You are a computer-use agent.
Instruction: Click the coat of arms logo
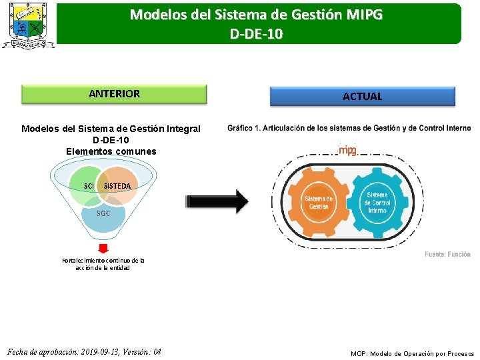tap(28, 25)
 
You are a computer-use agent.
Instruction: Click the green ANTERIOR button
tap(114, 94)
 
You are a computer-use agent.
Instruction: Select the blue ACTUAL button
tap(362, 97)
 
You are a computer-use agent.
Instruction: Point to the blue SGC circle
tap(103, 217)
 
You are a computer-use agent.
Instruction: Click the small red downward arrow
tap(103, 249)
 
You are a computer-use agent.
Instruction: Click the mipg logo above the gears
tap(347, 151)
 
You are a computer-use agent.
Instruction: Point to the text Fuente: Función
tap(447, 254)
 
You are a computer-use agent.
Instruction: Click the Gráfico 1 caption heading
tap(349, 128)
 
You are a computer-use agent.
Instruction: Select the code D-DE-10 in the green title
tap(256, 33)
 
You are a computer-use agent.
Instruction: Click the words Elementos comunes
tap(111, 151)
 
